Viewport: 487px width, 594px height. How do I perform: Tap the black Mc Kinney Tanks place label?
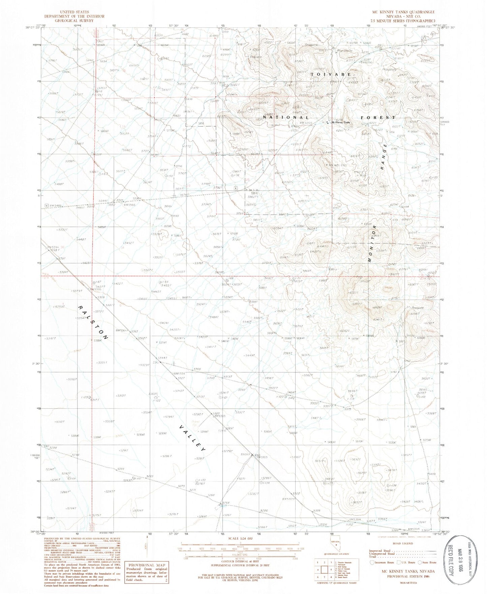click(341, 122)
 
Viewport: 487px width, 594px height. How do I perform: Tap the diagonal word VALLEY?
click(191, 438)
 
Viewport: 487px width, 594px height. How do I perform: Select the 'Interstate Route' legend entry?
click(382, 562)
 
